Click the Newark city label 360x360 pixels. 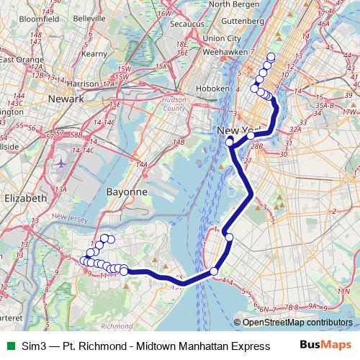pos(66,98)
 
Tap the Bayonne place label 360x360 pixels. pos(126,192)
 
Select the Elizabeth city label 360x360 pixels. pos(24,197)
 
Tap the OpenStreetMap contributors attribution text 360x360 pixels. pos(297,323)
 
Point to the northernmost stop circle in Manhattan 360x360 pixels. pos(271,57)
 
